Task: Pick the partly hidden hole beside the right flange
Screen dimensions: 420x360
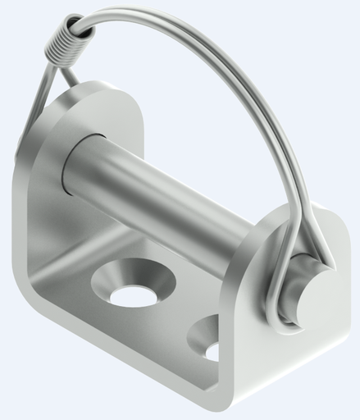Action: point(208,345)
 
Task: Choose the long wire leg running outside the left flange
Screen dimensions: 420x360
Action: point(33,123)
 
